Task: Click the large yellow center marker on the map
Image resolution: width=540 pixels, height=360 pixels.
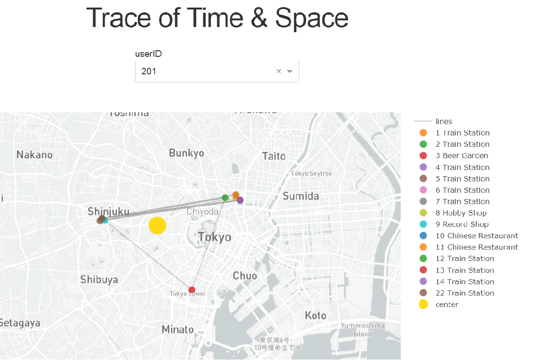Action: coord(157,225)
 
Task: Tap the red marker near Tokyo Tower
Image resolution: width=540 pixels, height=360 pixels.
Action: coord(192,289)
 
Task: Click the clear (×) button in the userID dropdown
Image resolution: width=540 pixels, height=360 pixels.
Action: coord(279,71)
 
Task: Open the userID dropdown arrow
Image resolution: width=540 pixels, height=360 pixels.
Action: coord(290,71)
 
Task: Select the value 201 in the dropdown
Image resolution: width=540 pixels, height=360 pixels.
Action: coord(149,72)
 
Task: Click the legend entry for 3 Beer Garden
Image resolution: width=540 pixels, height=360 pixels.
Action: coord(462,156)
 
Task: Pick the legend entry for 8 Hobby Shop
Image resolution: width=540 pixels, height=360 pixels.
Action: coord(461,213)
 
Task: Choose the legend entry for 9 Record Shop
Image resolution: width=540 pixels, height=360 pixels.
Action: coord(462,225)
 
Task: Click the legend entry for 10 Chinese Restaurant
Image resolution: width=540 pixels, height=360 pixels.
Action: coord(477,236)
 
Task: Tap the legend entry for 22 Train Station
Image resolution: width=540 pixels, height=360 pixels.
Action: coord(464,293)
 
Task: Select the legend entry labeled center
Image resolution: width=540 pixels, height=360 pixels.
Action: coord(447,305)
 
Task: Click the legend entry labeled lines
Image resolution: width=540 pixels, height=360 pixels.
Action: coord(443,122)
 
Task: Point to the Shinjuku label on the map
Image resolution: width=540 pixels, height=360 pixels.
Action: coord(108,211)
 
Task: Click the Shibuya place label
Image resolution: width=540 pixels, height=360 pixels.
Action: coord(99,279)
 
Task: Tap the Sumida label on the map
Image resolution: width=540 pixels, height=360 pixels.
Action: coord(301,196)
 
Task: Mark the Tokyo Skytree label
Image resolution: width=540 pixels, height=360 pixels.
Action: coord(311,173)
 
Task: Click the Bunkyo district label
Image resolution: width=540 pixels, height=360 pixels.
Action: coord(187,153)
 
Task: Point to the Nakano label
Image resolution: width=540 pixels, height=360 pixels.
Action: coord(35,154)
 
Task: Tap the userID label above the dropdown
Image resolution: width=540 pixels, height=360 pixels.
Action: coord(148,54)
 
